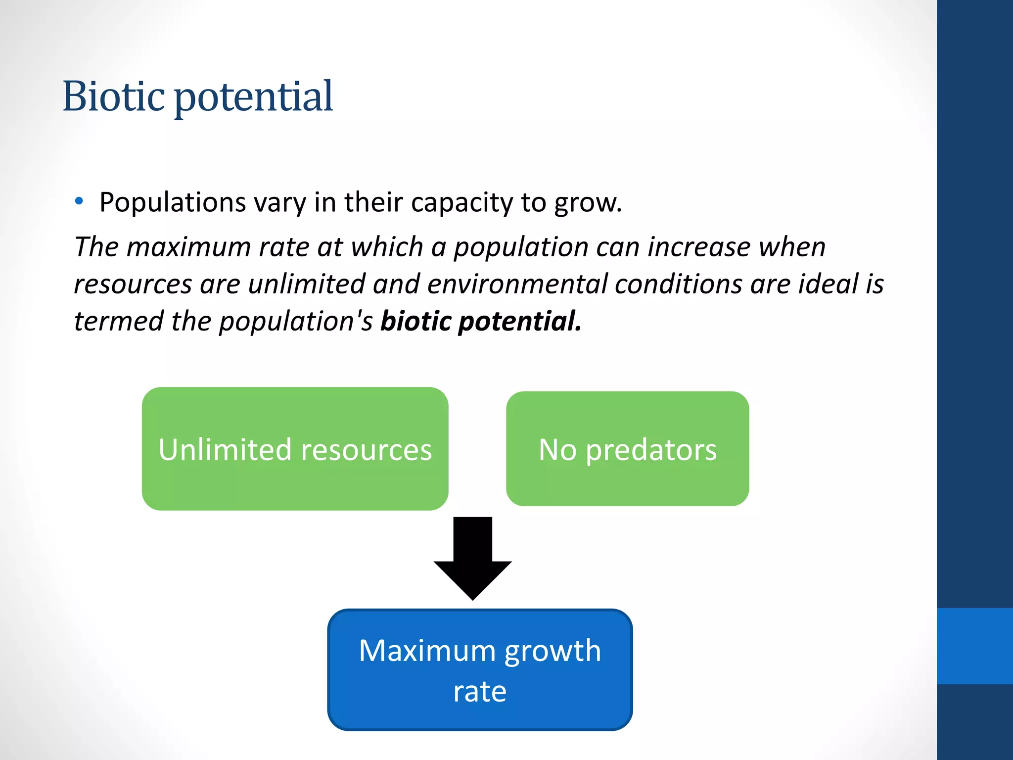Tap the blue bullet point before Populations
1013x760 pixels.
79,201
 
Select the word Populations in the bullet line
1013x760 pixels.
172,202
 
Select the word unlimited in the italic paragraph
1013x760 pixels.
306,284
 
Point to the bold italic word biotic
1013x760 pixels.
415,321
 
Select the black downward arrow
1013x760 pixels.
472,559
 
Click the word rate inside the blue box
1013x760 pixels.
480,691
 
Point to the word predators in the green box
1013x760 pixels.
651,450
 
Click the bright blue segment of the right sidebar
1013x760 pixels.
974,646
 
